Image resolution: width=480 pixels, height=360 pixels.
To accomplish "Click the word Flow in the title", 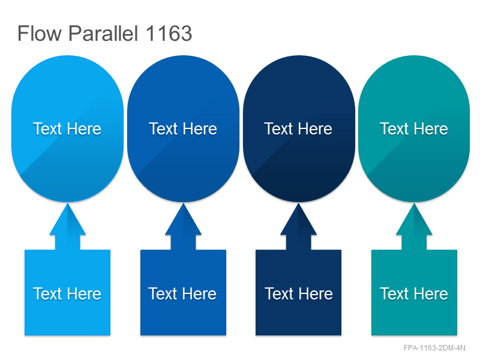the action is pos(40,34).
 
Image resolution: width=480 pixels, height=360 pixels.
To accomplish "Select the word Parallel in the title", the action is pos(103,33).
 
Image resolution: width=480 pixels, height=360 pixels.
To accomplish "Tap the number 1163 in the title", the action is pos(169,34).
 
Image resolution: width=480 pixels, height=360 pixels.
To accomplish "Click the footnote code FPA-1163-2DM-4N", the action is pos(434,348).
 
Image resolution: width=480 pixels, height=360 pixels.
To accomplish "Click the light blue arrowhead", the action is pos(68,220).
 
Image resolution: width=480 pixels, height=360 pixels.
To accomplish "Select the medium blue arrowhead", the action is pos(184,220).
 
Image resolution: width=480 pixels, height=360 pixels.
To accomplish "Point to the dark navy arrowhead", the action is pos(298,220).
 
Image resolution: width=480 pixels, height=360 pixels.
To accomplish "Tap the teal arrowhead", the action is pos(414,220).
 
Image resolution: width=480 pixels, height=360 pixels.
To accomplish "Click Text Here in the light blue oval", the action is pos(67,128).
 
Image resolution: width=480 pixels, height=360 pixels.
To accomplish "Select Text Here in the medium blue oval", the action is pos(183,128).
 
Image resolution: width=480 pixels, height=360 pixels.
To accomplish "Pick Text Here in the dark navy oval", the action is pos(298,128).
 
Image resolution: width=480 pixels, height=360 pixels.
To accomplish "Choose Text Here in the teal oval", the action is pos(414,128).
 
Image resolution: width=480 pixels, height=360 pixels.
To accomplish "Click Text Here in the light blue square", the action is pos(67,294).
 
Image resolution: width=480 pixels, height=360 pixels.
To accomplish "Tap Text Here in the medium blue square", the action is pos(182,294).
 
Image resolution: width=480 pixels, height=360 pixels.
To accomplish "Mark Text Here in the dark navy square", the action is pos(299,294).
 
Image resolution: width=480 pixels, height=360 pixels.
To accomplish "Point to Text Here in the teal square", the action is pos(414,294).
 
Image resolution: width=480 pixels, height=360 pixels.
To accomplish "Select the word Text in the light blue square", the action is pos(47,294).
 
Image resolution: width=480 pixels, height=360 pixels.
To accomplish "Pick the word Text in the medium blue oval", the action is pos(163,128).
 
